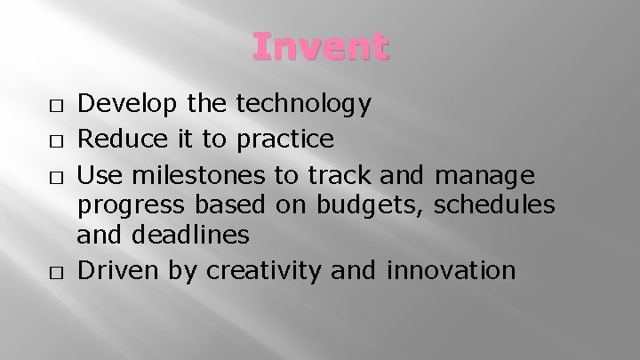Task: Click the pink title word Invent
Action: [x=320, y=46]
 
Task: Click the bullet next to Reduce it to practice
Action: [x=55, y=140]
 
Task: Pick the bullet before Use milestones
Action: [x=55, y=172]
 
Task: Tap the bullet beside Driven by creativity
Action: [x=55, y=270]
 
